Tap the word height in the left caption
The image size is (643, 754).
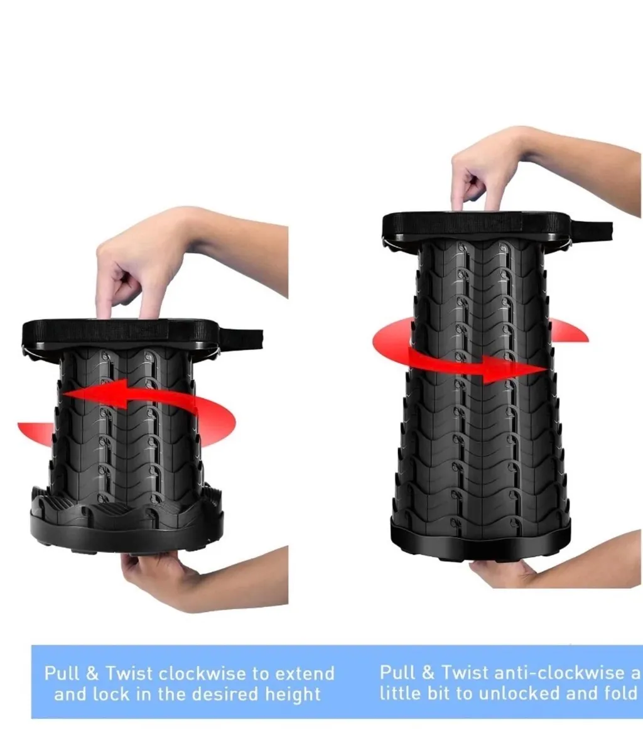point(293,694)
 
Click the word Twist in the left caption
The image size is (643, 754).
point(129,674)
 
